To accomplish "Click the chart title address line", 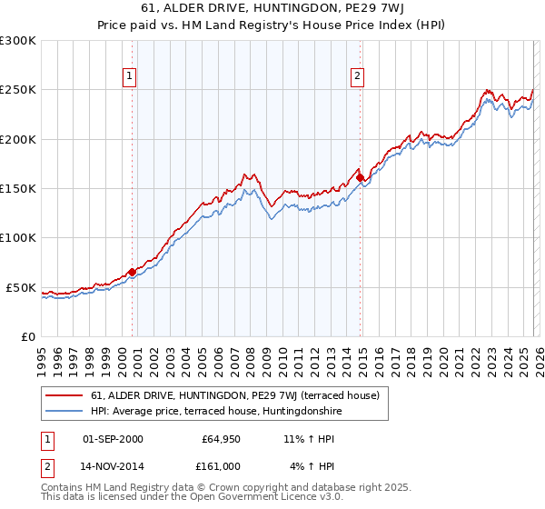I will click(x=272, y=9).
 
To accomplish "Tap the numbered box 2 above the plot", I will click(x=359, y=76).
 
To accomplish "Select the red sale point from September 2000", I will click(x=133, y=272).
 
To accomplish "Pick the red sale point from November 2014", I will click(x=361, y=177).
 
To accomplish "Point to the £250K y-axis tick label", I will click(x=18, y=90).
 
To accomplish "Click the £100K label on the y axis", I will click(x=18, y=237).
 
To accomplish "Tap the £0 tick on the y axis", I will click(x=27, y=336).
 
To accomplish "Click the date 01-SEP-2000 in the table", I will click(x=113, y=439).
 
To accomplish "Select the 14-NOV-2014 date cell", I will click(x=113, y=466).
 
